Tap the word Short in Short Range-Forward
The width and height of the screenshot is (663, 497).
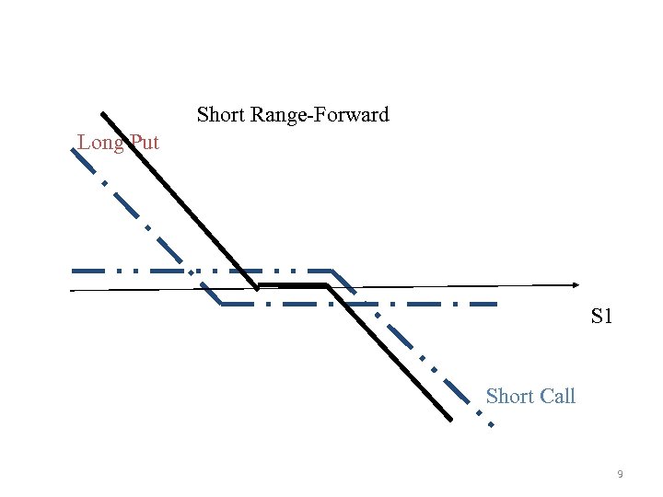tap(222, 115)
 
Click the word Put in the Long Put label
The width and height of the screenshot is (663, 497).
tap(144, 143)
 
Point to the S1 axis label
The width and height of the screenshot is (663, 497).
tap(601, 318)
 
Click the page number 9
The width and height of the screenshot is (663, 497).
tap(620, 474)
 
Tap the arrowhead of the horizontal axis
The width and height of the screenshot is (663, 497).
tap(575, 283)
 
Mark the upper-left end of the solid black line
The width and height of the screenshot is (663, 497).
tap(102, 114)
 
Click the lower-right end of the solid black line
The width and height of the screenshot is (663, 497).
tap(450, 420)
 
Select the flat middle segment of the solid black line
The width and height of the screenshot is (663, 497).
tap(292, 286)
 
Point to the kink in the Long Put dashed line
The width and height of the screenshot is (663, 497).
tap(221, 304)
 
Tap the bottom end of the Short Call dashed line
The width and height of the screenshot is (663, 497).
tap(491, 425)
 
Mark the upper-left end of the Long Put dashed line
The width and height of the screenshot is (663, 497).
tap(74, 148)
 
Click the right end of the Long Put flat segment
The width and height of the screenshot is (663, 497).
tap(496, 304)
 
